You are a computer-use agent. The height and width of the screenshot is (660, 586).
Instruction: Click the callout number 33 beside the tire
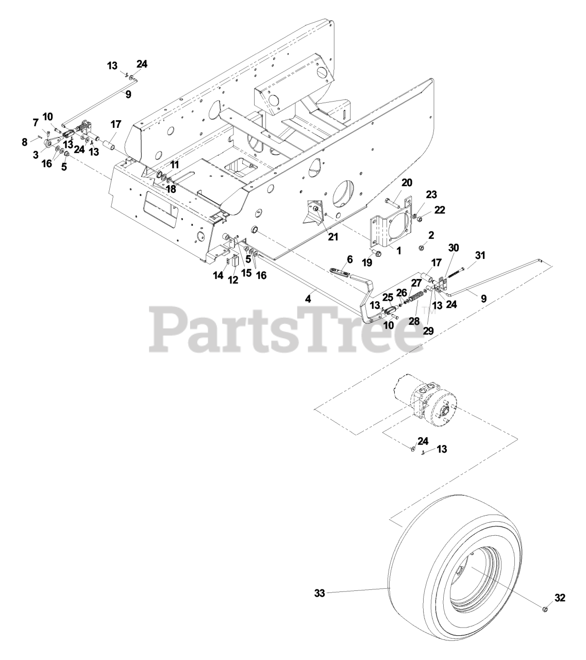coord(320,593)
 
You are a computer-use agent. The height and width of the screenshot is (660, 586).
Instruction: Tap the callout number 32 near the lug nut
coord(560,598)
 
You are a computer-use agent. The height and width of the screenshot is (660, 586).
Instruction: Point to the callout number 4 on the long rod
coord(308,299)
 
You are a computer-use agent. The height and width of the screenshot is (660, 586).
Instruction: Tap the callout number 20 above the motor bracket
coord(407,183)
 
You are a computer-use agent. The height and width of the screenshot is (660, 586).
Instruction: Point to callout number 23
coord(431,194)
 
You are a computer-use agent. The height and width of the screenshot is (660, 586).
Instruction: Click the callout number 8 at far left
coord(25,142)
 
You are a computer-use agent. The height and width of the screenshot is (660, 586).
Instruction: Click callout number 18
coord(170,189)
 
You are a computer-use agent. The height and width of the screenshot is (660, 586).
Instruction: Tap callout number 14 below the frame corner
coord(218,276)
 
